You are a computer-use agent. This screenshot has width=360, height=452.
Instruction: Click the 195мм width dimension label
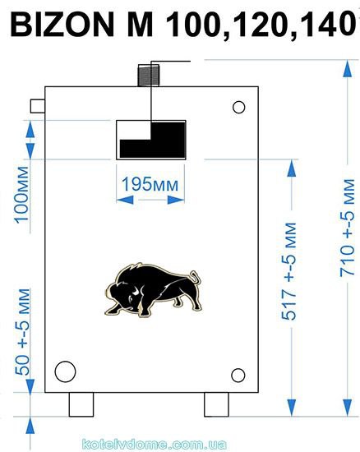point(150,184)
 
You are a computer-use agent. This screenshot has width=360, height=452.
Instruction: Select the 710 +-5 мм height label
point(347,228)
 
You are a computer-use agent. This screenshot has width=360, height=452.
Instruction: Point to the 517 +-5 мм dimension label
point(288,271)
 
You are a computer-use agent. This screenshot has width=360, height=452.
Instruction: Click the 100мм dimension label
point(22,195)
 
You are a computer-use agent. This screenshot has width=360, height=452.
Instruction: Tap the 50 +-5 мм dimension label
point(22,332)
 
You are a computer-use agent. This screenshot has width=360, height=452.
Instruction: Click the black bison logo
point(153,290)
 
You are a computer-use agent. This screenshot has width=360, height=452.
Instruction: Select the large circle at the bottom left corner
point(65,371)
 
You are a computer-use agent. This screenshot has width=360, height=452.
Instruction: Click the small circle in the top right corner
point(238,107)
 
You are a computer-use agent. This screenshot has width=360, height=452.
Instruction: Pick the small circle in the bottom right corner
point(238,376)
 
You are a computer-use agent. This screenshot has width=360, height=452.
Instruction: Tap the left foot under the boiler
point(81,404)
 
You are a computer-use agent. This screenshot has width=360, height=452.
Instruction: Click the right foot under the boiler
point(216,404)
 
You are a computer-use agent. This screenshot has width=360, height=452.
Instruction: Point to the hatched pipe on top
point(149,76)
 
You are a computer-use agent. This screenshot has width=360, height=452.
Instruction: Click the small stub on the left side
point(38,106)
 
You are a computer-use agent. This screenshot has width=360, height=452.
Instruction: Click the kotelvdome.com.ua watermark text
point(155,445)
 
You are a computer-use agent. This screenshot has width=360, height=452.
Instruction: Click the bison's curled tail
point(196,277)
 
